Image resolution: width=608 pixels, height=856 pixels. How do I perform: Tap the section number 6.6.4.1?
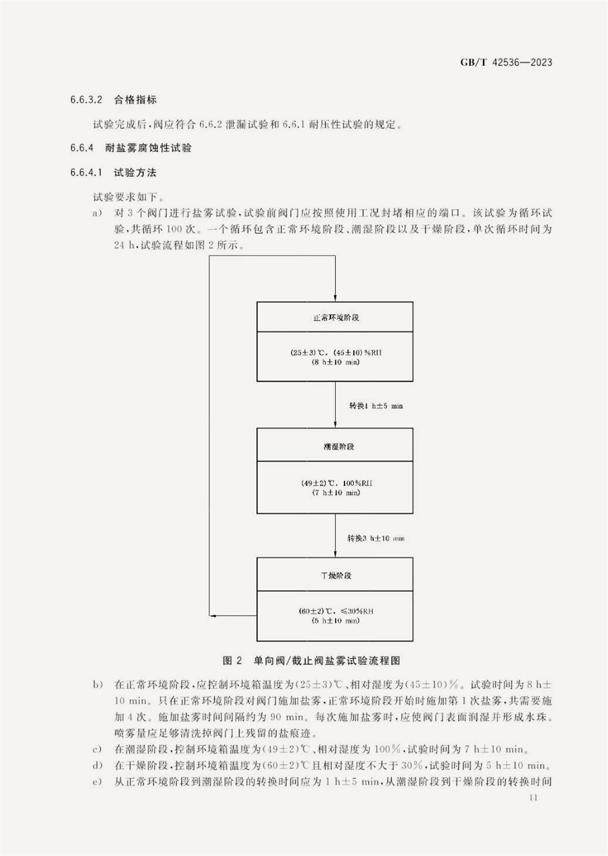point(86,172)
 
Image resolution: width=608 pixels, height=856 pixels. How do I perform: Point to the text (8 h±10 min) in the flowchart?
point(336,363)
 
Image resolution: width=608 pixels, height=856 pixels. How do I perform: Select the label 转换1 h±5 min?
point(376,405)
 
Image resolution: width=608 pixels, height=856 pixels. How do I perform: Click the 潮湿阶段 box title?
point(335,447)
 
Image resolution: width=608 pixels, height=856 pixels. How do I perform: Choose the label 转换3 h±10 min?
point(376,538)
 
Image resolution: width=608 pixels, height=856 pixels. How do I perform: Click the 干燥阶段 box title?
point(335,576)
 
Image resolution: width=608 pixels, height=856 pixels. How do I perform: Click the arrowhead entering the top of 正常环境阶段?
point(335,298)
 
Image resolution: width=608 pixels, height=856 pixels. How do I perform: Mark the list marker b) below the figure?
point(97,686)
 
